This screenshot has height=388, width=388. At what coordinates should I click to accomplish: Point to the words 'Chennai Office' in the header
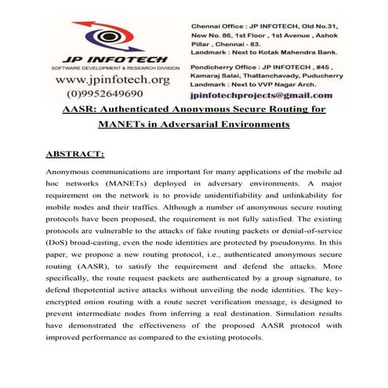(x=219, y=17)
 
